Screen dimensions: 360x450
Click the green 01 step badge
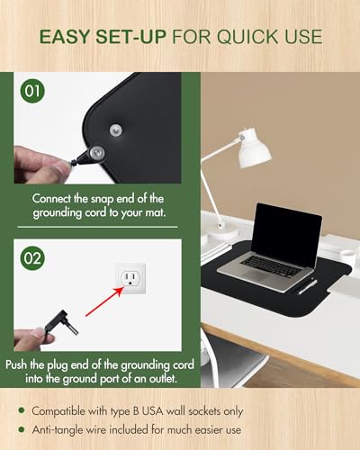(x=32, y=91)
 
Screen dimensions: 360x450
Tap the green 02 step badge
(x=32, y=258)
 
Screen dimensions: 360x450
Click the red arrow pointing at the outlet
(x=104, y=301)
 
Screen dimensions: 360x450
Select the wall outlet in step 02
(x=130, y=278)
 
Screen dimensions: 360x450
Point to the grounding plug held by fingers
(x=61, y=323)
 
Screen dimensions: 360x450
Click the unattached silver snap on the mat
(x=115, y=130)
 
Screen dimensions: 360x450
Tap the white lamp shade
(x=254, y=148)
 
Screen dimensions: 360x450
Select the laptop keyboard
(x=271, y=265)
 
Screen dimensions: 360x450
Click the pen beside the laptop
(x=307, y=287)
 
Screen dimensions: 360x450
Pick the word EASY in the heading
(x=65, y=37)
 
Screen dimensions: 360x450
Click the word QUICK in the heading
(x=247, y=37)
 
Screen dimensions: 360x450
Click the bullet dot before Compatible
(x=22, y=410)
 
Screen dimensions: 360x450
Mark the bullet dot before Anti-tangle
(x=22, y=429)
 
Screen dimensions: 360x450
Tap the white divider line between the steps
(x=97, y=227)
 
